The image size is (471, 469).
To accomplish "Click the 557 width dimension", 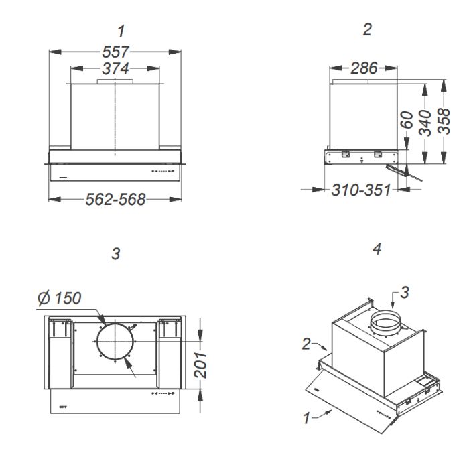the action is point(115,52).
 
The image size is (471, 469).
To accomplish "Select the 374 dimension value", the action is point(115,69).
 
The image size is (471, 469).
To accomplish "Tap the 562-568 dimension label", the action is point(115,199).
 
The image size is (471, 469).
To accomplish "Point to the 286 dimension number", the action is point(364,68).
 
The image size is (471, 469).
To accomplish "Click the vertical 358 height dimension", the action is point(444,121).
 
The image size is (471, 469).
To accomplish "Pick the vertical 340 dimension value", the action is point(425,123).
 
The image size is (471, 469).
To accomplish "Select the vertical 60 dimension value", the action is point(407,120).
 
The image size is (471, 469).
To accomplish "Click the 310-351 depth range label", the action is point(361,190).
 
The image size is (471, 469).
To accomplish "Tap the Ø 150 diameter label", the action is point(60,298).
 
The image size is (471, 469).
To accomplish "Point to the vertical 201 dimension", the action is point(200,365).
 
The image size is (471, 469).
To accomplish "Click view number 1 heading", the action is point(121,31).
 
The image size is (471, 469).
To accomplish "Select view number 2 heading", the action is point(367,29).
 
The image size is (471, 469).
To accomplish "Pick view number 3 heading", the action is point(116,254).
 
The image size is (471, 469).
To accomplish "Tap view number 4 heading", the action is point(377,249).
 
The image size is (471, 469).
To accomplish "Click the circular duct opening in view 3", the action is point(115,342).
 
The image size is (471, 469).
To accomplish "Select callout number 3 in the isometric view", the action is point(405,293).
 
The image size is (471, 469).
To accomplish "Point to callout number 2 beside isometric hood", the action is point(306,344).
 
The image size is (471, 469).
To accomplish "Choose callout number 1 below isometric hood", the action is point(306,418).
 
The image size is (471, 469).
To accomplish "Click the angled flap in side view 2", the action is point(404,173).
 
